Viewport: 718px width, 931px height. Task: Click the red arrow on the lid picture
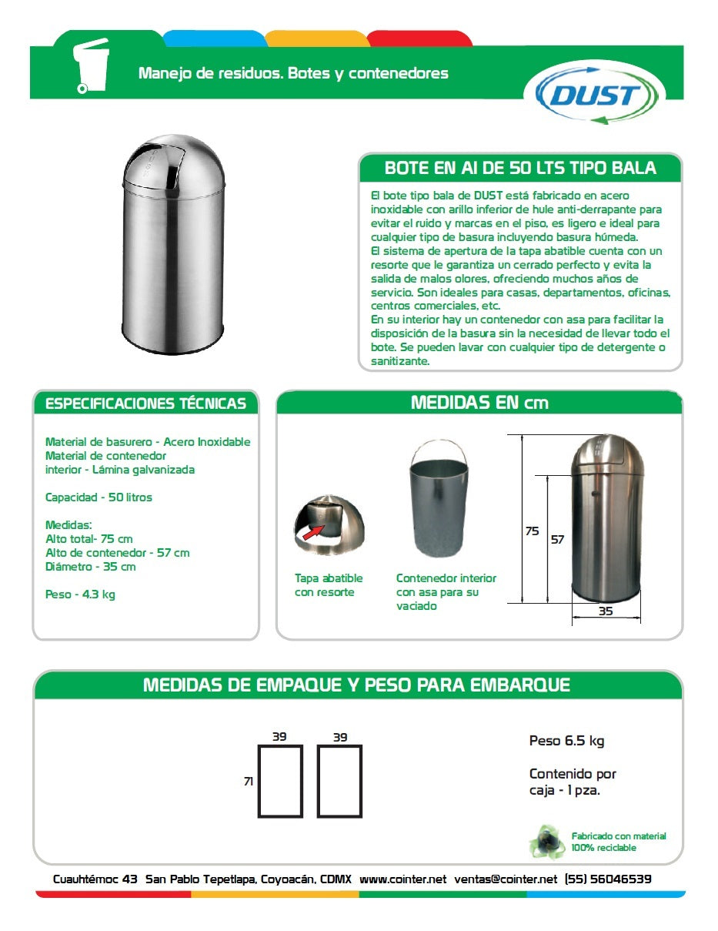pyautogui.click(x=312, y=531)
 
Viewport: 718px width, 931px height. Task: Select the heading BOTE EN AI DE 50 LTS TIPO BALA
pyautogui.click(x=520, y=168)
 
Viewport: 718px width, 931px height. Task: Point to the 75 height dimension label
pyautogui.click(x=532, y=531)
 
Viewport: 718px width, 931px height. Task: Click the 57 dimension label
pyautogui.click(x=557, y=540)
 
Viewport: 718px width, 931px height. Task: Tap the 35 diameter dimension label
pyautogui.click(x=606, y=611)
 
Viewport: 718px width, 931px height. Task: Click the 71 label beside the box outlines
pyautogui.click(x=248, y=781)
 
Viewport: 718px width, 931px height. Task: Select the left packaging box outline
pyautogui.click(x=279, y=781)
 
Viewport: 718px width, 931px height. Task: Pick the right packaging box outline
pyautogui.click(x=339, y=781)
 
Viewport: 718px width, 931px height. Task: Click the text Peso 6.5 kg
pyautogui.click(x=566, y=741)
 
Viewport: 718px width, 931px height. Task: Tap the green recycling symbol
pyautogui.click(x=546, y=841)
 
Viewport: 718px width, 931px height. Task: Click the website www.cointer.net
pyautogui.click(x=402, y=879)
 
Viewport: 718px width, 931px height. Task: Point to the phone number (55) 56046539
pyautogui.click(x=608, y=879)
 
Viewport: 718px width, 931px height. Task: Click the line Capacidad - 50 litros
pyautogui.click(x=99, y=497)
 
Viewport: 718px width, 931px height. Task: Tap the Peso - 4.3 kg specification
pyautogui.click(x=80, y=594)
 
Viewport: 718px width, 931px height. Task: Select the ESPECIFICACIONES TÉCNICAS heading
pyautogui.click(x=145, y=404)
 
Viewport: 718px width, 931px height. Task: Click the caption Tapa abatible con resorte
pyautogui.click(x=329, y=585)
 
